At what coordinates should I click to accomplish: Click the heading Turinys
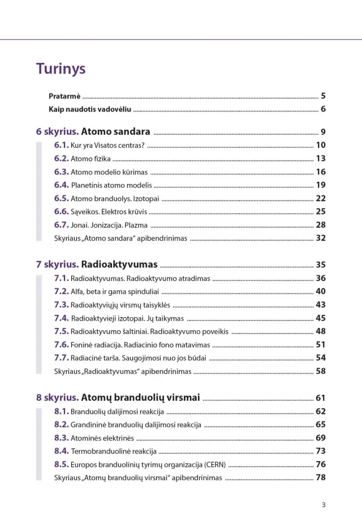(x=61, y=69)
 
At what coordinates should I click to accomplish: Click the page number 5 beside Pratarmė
(x=323, y=96)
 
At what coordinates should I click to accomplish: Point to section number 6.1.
(x=61, y=145)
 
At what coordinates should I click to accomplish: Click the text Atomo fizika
(x=90, y=159)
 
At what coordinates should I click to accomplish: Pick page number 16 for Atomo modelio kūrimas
(x=321, y=172)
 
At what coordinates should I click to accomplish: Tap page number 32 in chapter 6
(x=321, y=238)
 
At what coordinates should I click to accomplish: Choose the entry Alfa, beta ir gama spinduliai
(x=115, y=292)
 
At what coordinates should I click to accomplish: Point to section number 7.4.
(x=61, y=318)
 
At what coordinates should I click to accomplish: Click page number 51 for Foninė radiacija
(x=321, y=344)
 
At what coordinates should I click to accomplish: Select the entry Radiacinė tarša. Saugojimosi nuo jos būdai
(x=139, y=358)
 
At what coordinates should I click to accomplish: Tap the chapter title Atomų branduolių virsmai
(x=141, y=398)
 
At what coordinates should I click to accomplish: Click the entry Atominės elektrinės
(x=102, y=438)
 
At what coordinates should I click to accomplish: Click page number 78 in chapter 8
(x=321, y=477)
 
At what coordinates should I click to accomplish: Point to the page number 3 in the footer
(x=324, y=505)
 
